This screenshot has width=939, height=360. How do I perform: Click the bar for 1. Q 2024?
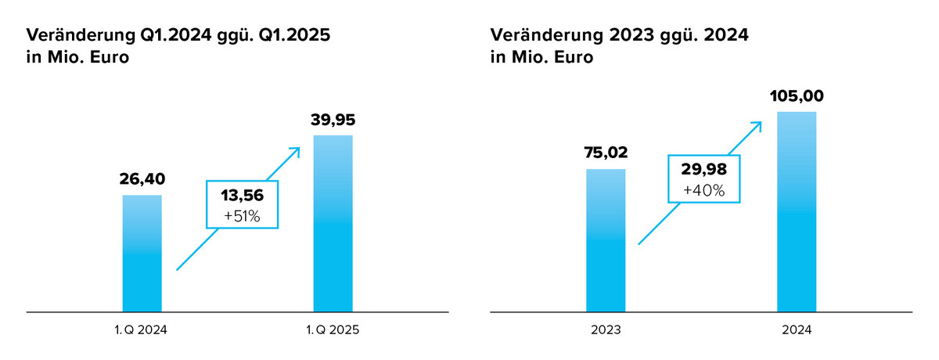(x=142, y=254)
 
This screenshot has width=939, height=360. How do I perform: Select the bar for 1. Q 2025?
(x=333, y=224)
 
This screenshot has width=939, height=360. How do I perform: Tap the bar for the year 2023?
(x=606, y=240)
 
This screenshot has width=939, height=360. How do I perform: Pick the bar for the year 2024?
(x=797, y=211)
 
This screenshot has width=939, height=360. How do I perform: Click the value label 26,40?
(x=142, y=180)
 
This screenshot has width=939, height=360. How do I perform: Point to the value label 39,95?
(x=333, y=121)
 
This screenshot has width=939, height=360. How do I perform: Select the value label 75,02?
(x=606, y=153)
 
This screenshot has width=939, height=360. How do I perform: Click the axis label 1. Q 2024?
(x=142, y=330)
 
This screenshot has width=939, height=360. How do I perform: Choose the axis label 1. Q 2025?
(x=333, y=330)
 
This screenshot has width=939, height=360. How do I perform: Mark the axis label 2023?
(x=606, y=330)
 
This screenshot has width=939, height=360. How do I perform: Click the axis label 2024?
(x=797, y=330)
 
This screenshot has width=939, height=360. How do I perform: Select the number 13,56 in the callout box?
(x=242, y=196)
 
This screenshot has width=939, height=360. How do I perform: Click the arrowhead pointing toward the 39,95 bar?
(x=296, y=150)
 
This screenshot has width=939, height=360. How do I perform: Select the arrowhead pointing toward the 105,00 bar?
(x=758, y=124)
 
